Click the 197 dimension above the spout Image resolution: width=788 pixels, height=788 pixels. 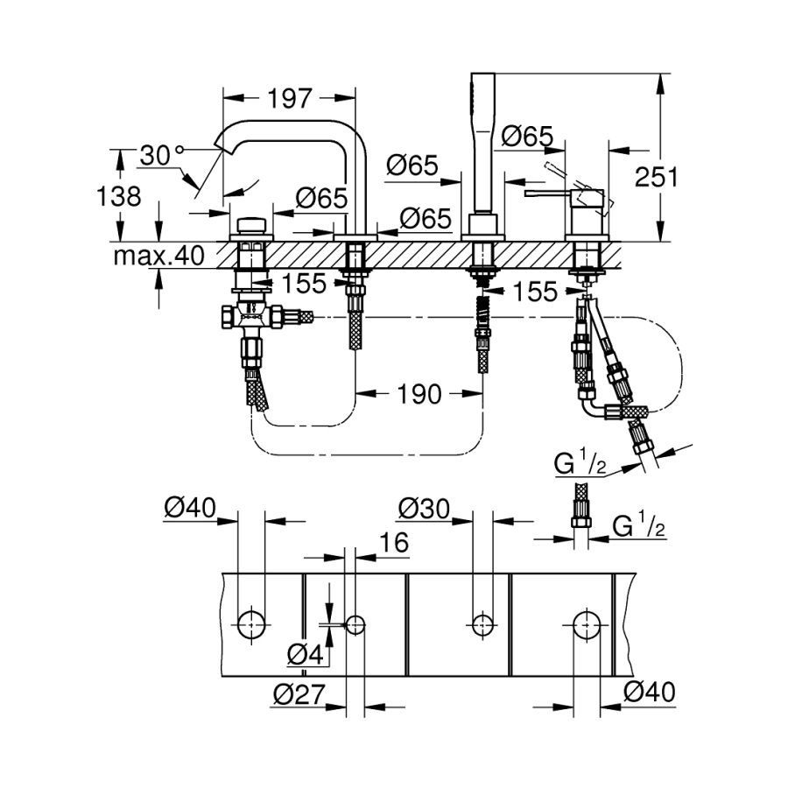(290, 98)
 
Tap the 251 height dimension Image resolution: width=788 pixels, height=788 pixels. (657, 177)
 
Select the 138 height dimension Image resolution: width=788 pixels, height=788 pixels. (118, 195)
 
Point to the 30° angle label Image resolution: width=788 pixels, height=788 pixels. (162, 155)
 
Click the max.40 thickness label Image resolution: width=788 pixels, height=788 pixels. (158, 256)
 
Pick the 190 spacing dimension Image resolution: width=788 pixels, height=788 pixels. (419, 394)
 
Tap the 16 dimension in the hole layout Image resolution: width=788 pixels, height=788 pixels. (393, 542)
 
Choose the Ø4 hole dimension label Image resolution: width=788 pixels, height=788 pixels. (305, 654)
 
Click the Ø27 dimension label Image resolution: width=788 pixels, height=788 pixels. (299, 694)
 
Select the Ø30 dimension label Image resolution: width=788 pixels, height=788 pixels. (424, 509)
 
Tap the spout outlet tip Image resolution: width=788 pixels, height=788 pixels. (218, 146)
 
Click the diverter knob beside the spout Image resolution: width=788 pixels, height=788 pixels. (252, 225)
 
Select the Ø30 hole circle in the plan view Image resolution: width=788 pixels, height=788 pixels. (482, 625)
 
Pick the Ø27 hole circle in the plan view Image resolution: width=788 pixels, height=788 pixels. (355, 625)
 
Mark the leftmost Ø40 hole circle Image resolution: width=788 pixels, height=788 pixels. (251, 624)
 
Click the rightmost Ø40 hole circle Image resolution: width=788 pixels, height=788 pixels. (587, 624)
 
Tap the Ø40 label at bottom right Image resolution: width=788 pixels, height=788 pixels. (650, 692)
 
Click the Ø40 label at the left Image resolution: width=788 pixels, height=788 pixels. (190, 508)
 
